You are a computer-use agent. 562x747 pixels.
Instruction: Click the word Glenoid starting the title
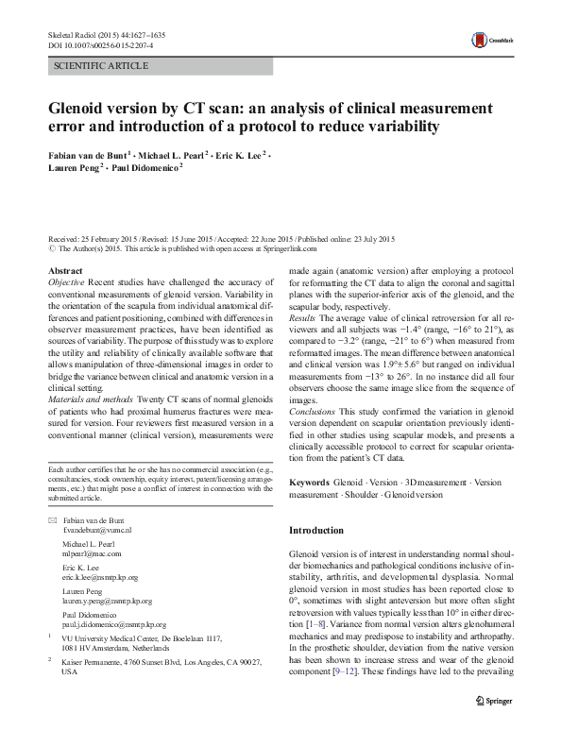click(x=82, y=108)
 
